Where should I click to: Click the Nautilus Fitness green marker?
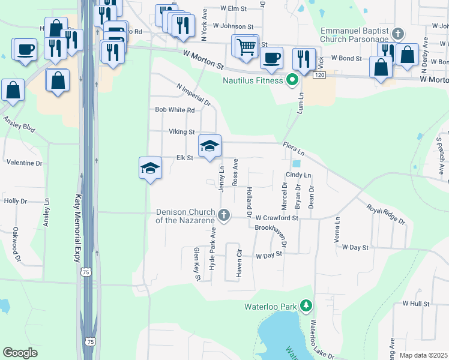coord(293,80)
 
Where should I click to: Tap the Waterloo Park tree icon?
coord(306,307)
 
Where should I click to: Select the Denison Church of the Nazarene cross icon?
coord(224,215)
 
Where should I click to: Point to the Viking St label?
coord(182,131)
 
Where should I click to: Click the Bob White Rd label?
coord(175,110)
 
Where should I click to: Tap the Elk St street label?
coord(184,158)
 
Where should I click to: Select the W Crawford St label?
coord(277,218)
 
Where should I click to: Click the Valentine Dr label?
coord(24,163)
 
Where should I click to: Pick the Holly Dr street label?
coord(16,201)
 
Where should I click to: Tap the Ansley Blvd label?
coord(20,123)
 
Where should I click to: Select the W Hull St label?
coord(416,304)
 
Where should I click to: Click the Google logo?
coord(20,352)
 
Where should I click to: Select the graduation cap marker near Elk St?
coord(210,146)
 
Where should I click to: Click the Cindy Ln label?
coord(298,175)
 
